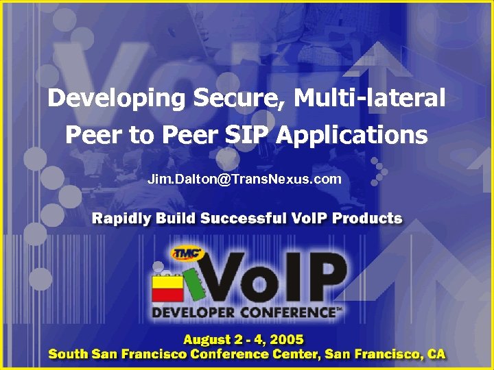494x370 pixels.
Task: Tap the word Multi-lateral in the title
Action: click(x=370, y=99)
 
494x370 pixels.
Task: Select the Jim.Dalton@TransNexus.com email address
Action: click(x=244, y=180)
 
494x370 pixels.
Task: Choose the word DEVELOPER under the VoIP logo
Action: click(x=194, y=312)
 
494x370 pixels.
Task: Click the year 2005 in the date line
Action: click(x=286, y=340)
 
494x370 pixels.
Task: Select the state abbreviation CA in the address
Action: click(x=435, y=354)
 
